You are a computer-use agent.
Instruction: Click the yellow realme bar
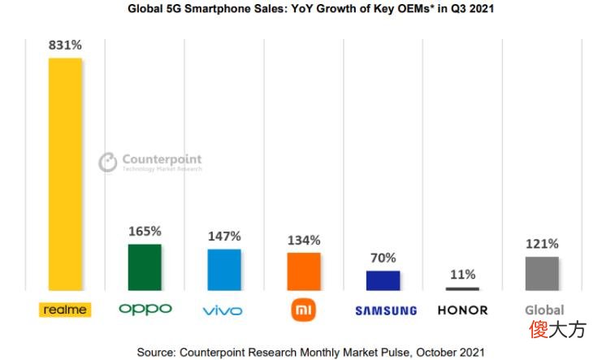(65, 174)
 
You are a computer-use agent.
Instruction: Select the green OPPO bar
(145, 267)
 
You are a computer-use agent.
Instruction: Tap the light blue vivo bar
(224, 270)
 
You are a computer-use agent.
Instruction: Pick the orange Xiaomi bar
(304, 271)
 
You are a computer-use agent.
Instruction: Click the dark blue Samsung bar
(383, 280)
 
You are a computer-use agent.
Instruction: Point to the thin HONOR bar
(462, 288)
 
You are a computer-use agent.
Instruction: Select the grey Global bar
(542, 274)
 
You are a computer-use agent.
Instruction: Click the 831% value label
(65, 46)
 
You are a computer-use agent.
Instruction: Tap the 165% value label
(145, 232)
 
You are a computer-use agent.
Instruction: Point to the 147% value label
(224, 236)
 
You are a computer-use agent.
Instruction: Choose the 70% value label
(383, 258)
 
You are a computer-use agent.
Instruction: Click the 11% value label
(462, 275)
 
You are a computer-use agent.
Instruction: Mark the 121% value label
(542, 244)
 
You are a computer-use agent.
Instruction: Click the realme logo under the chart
(65, 310)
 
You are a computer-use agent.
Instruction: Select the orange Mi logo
(303, 310)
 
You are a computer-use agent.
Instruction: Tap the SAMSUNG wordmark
(386, 310)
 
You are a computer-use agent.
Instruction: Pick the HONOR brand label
(462, 310)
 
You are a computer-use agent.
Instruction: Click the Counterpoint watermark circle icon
(108, 162)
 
